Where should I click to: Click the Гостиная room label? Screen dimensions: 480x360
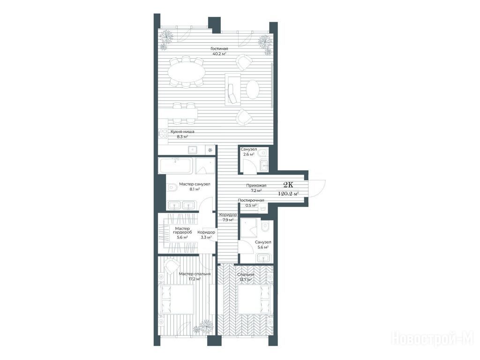tap(219, 49)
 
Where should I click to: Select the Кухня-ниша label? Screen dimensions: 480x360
tap(182, 132)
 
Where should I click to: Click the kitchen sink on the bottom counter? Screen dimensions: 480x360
tap(193, 150)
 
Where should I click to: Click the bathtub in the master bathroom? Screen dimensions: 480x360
tap(175, 165)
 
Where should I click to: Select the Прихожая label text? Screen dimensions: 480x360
tap(256, 186)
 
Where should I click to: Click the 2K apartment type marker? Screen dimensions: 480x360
tap(288, 184)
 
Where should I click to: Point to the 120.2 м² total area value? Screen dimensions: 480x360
tap(288, 194)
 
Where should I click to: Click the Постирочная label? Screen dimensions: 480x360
tap(251, 200)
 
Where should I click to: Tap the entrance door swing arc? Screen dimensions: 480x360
tap(321, 187)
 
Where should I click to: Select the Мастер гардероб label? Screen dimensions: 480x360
tap(183, 231)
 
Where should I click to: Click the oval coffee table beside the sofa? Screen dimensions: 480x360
tap(253, 90)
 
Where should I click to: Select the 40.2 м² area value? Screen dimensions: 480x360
tap(219, 54)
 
